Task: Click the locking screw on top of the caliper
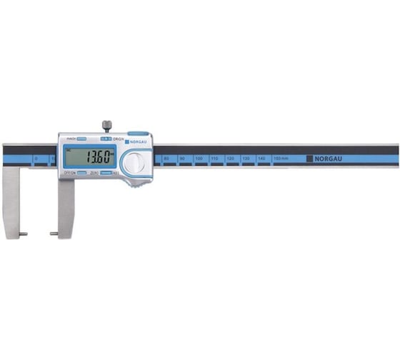click(x=106, y=127)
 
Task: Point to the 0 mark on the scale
click(x=36, y=158)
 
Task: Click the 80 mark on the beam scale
click(x=166, y=157)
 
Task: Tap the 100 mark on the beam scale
click(x=199, y=157)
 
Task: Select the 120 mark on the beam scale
click(x=230, y=157)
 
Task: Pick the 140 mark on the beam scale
click(x=261, y=157)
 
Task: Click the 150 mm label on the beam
click(x=281, y=157)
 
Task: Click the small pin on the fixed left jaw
click(x=24, y=234)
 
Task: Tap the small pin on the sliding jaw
click(x=54, y=234)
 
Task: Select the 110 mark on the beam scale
click(x=214, y=157)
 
